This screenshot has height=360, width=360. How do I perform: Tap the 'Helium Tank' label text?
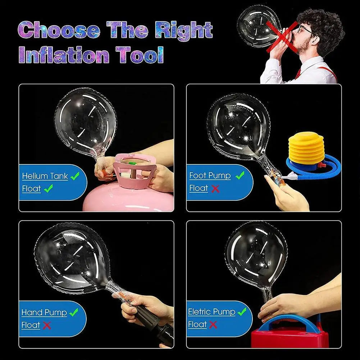[x=45, y=176]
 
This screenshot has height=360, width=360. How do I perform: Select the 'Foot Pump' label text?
[x=210, y=176]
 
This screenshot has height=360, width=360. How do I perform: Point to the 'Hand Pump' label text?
[x=44, y=312]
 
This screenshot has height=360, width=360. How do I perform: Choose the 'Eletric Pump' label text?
[x=211, y=311]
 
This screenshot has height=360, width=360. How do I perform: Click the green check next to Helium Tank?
[x=75, y=176]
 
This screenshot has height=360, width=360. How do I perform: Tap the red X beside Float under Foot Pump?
[x=215, y=188]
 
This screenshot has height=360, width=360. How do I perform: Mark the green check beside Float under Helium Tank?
[x=48, y=188]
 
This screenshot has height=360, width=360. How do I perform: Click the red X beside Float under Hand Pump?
[x=47, y=325]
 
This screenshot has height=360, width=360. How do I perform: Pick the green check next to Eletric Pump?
[x=242, y=311]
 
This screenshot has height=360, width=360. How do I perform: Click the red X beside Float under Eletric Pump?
[x=213, y=325]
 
